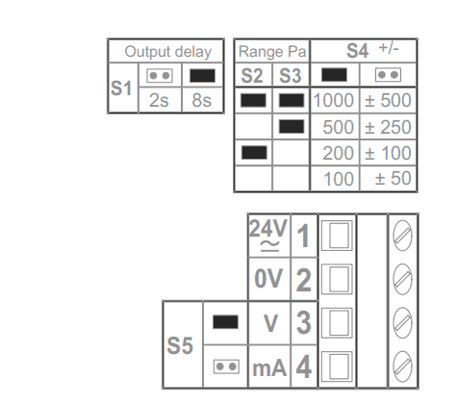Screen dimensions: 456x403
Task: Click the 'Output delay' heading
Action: (x=168, y=52)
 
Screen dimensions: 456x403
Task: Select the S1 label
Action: (x=121, y=88)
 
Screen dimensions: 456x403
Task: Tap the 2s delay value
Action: (x=159, y=100)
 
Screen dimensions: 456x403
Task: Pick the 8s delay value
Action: (x=202, y=100)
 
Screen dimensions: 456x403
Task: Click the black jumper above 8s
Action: (x=202, y=76)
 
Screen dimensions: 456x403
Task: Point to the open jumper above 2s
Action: (x=160, y=76)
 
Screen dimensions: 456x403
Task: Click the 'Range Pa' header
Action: (x=272, y=52)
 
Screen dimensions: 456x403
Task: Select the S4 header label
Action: (x=357, y=51)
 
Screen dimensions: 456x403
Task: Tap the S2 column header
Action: (x=252, y=76)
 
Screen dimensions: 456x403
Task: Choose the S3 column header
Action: (x=291, y=76)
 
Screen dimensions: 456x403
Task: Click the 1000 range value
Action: (x=334, y=100)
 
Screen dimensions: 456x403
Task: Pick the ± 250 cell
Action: (x=388, y=127)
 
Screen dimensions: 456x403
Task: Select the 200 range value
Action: (x=338, y=153)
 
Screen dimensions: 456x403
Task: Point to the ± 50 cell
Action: (x=393, y=178)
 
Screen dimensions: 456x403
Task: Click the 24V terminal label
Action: (x=268, y=235)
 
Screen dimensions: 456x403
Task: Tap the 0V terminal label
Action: (x=268, y=278)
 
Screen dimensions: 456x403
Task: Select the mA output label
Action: (x=269, y=367)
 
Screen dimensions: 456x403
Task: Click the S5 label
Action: (x=180, y=345)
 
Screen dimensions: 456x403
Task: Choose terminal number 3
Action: (x=304, y=322)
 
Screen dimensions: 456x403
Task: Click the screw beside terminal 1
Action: (x=402, y=236)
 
